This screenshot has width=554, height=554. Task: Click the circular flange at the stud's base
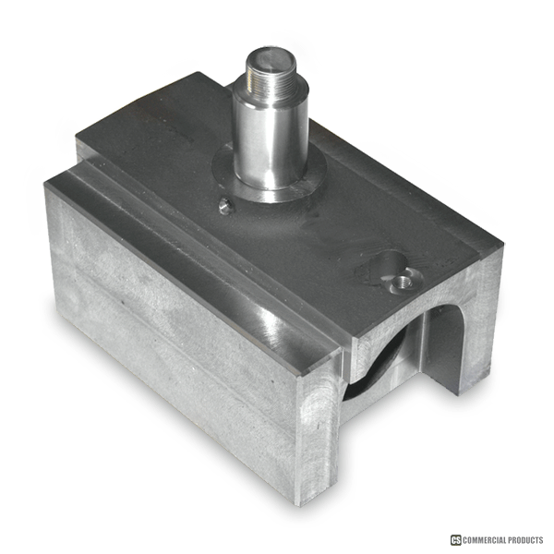[269, 176]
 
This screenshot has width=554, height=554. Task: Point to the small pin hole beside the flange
[225, 206]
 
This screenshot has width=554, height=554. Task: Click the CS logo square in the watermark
[456, 540]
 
